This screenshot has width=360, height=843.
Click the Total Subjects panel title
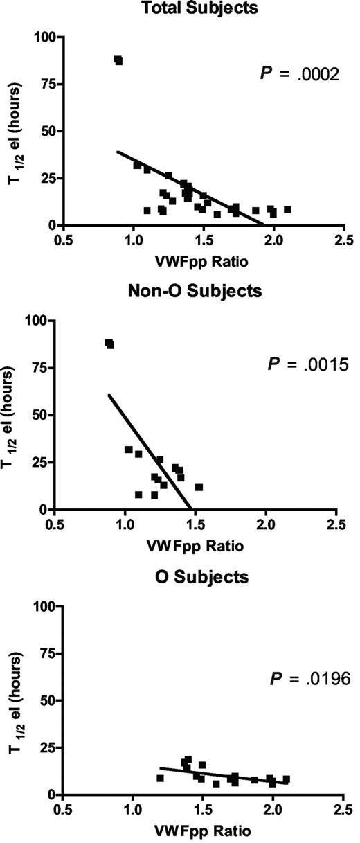199,8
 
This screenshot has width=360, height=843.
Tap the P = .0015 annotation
305,363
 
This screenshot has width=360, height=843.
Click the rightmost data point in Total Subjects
287,209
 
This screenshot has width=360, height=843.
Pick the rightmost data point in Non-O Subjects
199,488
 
